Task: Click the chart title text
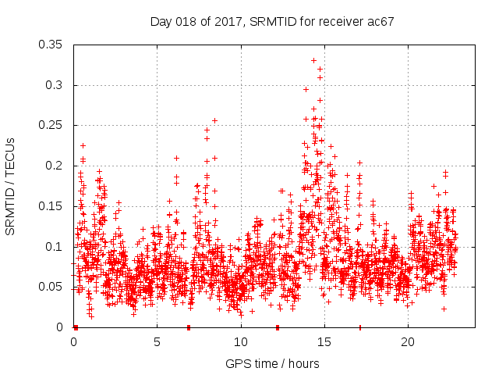(272, 21)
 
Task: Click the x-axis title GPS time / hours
(272, 363)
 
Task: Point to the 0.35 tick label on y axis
(51, 45)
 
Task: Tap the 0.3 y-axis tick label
(54, 85)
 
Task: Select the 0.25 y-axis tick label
(51, 125)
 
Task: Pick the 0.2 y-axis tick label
(54, 166)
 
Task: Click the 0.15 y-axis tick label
(51, 206)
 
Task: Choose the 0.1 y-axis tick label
(54, 247)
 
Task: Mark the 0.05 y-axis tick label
(51, 287)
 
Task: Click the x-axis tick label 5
(157, 342)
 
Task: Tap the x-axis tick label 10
(241, 342)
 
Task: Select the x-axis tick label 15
(324, 342)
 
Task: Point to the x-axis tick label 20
(408, 342)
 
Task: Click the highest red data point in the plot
(314, 60)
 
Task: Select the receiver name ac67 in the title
(381, 21)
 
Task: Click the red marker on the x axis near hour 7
(189, 327)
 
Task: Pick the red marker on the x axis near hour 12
(278, 327)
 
